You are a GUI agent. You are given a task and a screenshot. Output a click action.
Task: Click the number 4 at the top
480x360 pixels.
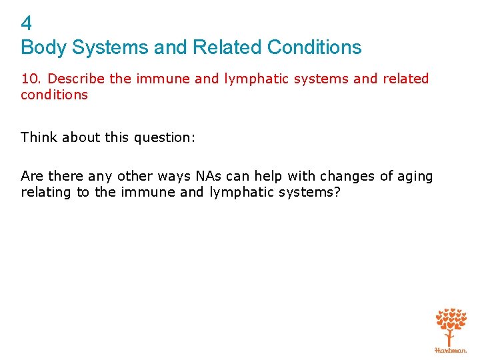click(27, 24)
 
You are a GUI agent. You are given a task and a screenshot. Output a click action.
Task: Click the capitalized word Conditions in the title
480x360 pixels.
click(314, 47)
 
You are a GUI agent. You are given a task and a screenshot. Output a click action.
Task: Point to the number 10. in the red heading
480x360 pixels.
click(32, 79)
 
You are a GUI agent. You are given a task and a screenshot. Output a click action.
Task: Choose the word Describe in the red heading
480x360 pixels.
click(77, 79)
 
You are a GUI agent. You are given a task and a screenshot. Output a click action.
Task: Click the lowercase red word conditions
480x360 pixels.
click(54, 95)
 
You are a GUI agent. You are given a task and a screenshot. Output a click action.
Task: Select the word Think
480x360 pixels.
click(39, 137)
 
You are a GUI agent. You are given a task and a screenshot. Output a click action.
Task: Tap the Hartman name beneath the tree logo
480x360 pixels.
click(451, 349)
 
